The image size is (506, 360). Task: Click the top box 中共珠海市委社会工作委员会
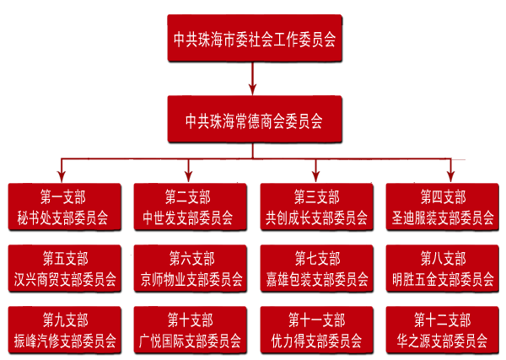coord(255,38)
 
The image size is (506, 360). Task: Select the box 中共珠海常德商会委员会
coord(255,119)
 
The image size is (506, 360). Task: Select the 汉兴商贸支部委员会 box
coord(64,269)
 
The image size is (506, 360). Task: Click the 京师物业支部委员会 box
coord(191,269)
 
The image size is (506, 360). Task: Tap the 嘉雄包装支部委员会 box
coord(316,269)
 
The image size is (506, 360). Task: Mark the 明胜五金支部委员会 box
coord(444,269)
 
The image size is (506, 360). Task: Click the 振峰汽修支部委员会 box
coord(64,330)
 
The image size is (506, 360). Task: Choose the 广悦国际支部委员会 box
coord(191,330)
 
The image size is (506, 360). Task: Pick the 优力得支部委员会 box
coord(316,330)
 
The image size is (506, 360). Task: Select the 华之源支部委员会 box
coord(442,330)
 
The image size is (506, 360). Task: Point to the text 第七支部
coord(317,258)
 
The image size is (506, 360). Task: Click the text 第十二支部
coord(442,320)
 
